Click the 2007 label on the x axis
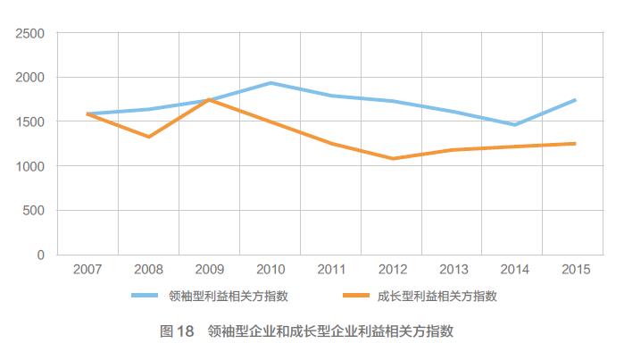87,270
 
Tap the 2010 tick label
270,270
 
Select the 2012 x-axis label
393,270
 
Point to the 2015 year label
575,270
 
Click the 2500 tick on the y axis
30,33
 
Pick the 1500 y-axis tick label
30,121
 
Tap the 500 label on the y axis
34,210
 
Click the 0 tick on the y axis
40,255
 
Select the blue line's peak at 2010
270,83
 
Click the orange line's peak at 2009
209,99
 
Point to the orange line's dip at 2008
148,137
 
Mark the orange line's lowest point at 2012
393,159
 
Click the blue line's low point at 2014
514,125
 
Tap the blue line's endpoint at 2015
575,100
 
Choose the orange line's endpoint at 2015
575,143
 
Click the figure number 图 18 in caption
177,331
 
